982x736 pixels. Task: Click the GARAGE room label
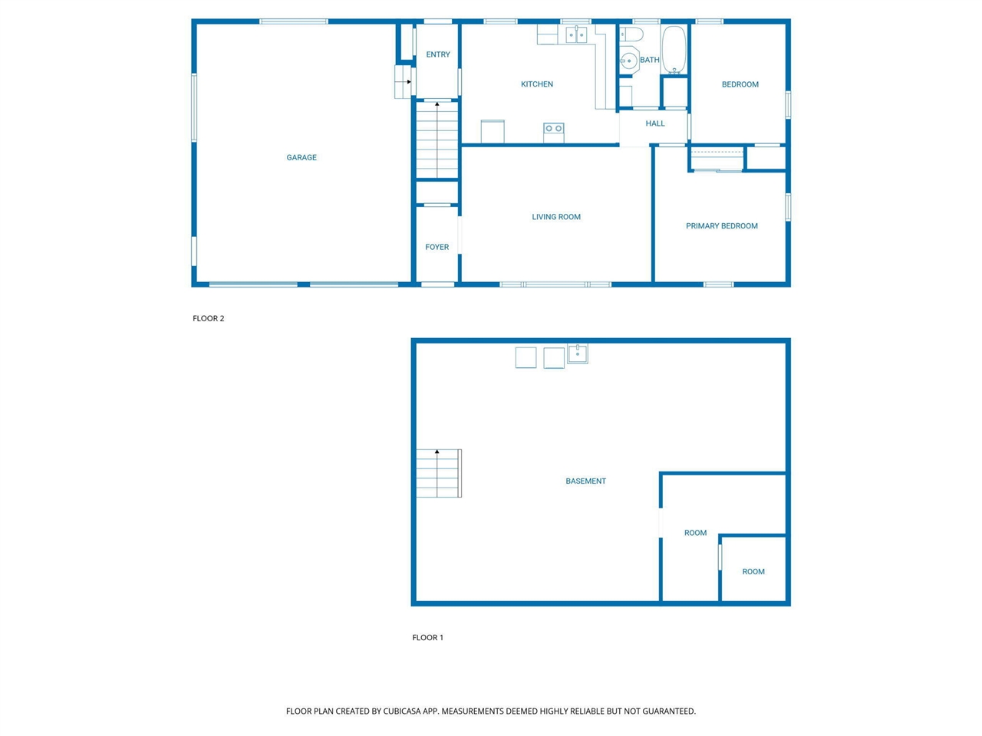(x=301, y=157)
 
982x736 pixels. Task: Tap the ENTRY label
(x=437, y=54)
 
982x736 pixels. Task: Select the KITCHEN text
(x=536, y=84)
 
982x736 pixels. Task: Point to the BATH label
(x=649, y=60)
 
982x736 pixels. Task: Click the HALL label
(x=654, y=123)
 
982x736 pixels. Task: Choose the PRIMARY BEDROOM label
(x=721, y=226)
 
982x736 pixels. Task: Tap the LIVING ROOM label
(x=555, y=217)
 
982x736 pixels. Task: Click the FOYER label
(x=437, y=247)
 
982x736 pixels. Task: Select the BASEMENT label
(x=585, y=481)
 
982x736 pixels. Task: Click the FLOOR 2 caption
(x=208, y=318)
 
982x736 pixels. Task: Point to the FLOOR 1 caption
(x=427, y=637)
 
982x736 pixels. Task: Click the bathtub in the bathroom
(x=673, y=50)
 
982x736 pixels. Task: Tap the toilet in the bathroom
(x=631, y=34)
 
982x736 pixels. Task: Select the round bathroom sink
(x=628, y=61)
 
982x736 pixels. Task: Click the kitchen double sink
(x=576, y=34)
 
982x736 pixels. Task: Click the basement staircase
(x=438, y=473)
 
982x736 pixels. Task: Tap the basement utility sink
(x=577, y=353)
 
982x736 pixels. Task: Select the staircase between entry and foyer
(x=437, y=140)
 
